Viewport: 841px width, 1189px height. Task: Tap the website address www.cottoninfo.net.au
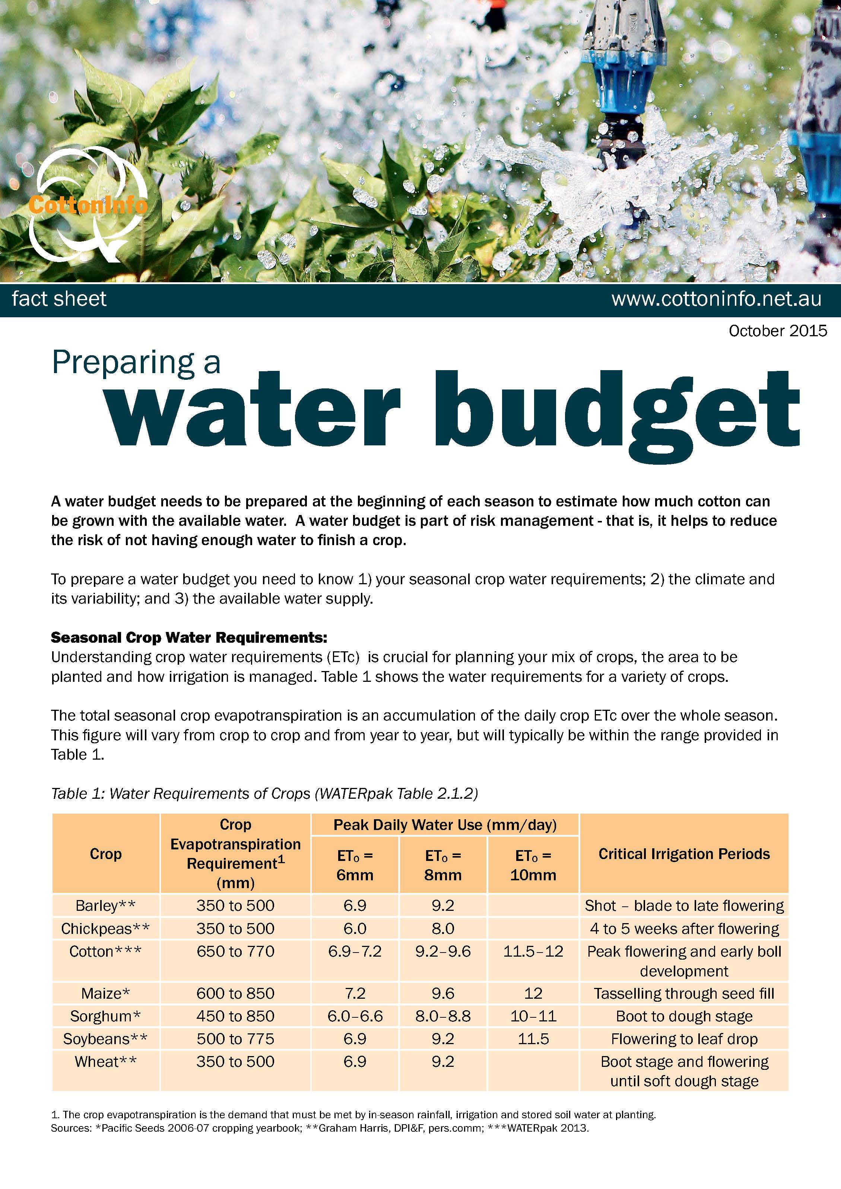pos(716,299)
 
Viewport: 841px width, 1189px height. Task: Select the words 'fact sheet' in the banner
pos(59,299)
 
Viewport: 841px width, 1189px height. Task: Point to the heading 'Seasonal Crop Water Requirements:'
pos(189,637)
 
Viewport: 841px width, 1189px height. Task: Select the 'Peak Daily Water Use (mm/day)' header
pos(445,825)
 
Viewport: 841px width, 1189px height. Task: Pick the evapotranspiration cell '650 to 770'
pos(235,951)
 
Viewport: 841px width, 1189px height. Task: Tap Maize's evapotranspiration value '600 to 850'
pos(235,993)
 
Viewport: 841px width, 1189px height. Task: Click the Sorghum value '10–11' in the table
pos(533,1016)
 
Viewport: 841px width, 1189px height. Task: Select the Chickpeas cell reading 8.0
pos(443,928)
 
